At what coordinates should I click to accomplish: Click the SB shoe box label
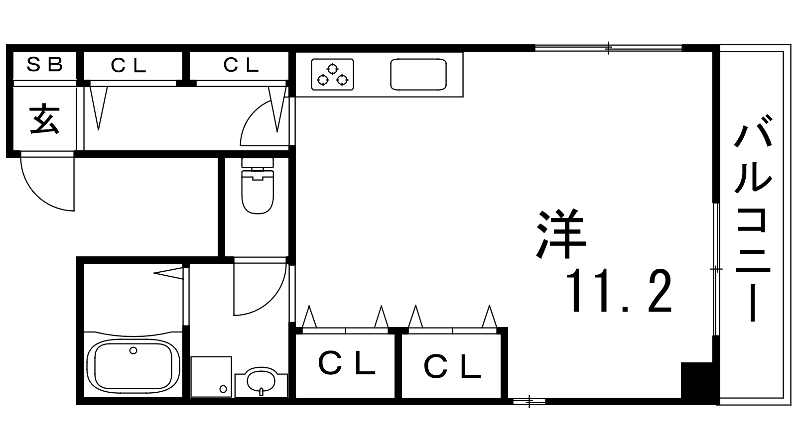[45, 64]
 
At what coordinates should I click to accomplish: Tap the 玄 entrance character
[44, 119]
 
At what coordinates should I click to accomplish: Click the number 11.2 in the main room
[619, 291]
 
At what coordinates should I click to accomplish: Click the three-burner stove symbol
[332, 74]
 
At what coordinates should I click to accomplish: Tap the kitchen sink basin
[418, 74]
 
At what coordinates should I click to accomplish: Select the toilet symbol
[258, 186]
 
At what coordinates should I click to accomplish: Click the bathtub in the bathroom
[133, 365]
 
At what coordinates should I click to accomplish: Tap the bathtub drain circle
[133, 350]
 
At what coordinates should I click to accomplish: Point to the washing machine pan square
[211, 376]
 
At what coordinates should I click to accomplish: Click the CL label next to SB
[129, 65]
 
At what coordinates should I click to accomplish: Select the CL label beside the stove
[241, 65]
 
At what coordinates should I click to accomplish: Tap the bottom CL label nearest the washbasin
[347, 363]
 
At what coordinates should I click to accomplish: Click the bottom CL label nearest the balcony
[452, 365]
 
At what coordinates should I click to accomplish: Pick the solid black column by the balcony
[697, 383]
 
